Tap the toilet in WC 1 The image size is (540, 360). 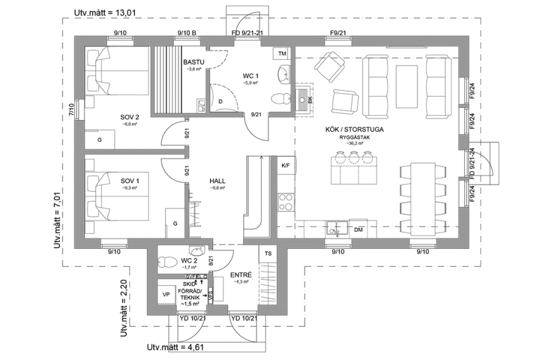[x=279, y=97]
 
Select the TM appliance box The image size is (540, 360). [x=282, y=53]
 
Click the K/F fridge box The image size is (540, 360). [x=286, y=166]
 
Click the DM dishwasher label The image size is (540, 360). [x=359, y=230]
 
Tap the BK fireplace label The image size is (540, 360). [x=310, y=99]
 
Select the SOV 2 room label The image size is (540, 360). [x=129, y=117]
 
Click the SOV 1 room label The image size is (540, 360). [x=131, y=180]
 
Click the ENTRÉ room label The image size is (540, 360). [x=241, y=274]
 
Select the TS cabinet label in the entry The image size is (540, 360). [x=268, y=254]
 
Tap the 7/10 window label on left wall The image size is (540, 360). [x=72, y=111]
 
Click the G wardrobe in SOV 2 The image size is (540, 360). [x=100, y=141]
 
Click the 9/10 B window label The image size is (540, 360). [x=186, y=32]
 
